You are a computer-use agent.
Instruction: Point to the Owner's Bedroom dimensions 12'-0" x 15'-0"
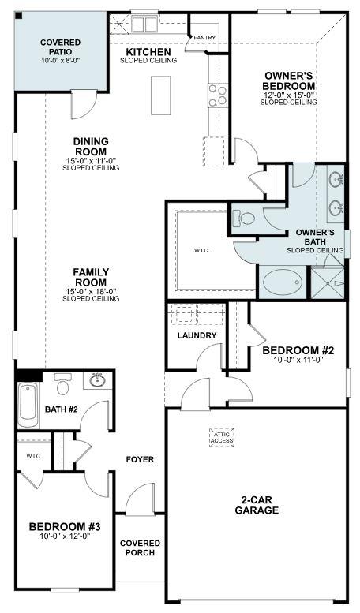290,95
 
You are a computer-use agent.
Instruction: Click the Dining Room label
91,146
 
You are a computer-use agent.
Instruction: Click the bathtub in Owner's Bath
280,282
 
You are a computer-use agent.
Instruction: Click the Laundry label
197,335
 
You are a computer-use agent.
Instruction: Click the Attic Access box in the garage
223,437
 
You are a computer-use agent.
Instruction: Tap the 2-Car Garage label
256,505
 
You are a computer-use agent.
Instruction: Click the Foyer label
140,459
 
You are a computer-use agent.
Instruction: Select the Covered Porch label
140,548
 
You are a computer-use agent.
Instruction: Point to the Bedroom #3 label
60,526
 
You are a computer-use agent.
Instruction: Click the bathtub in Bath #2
28,401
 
